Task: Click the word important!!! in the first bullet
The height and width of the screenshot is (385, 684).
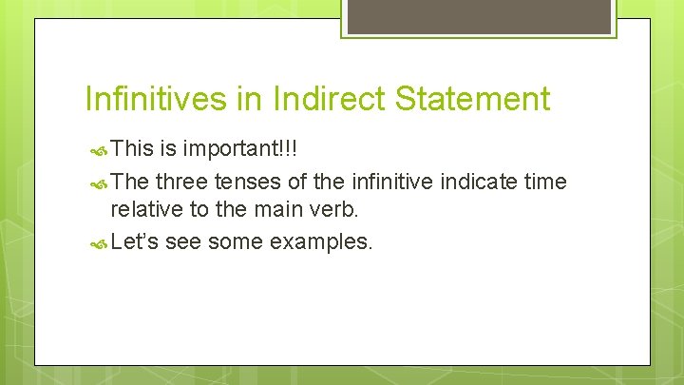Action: click(240, 149)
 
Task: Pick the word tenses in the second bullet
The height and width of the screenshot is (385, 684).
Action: click(243, 181)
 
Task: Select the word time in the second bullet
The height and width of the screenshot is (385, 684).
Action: click(546, 181)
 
